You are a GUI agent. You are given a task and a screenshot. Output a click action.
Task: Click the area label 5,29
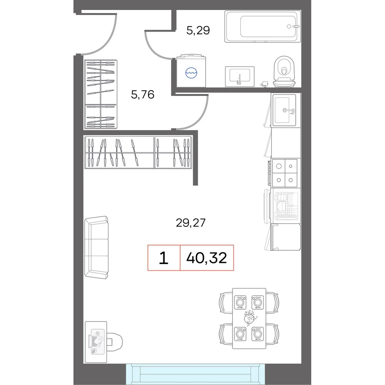(x=198, y=30)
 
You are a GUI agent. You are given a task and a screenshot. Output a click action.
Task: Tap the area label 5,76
(x=143, y=95)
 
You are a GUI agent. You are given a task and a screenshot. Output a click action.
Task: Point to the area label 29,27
(x=191, y=223)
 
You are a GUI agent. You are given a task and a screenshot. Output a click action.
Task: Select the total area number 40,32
(x=206, y=258)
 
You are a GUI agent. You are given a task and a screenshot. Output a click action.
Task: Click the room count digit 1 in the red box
(x=164, y=258)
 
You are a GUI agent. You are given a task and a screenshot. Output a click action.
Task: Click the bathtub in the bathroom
(x=263, y=26)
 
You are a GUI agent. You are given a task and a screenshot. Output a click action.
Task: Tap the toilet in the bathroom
(x=285, y=72)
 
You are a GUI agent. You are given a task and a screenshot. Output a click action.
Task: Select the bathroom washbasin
(x=239, y=76)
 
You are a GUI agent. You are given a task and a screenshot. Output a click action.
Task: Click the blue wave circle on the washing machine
(x=191, y=73)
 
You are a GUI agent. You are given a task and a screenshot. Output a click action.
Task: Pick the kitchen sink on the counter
(x=285, y=110)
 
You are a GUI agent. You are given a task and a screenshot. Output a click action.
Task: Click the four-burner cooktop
(x=285, y=173)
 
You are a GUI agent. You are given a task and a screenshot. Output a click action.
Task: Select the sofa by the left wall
(x=97, y=247)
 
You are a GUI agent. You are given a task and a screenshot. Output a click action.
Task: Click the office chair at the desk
(x=114, y=342)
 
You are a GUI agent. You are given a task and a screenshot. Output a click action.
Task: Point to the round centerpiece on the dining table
(x=250, y=318)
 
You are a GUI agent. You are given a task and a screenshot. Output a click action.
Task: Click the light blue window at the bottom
(x=196, y=374)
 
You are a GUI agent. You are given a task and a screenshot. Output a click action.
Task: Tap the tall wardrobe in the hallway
(x=100, y=95)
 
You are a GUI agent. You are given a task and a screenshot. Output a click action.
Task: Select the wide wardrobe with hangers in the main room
(x=138, y=152)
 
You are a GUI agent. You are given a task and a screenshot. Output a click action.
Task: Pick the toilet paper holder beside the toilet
(x=264, y=84)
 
